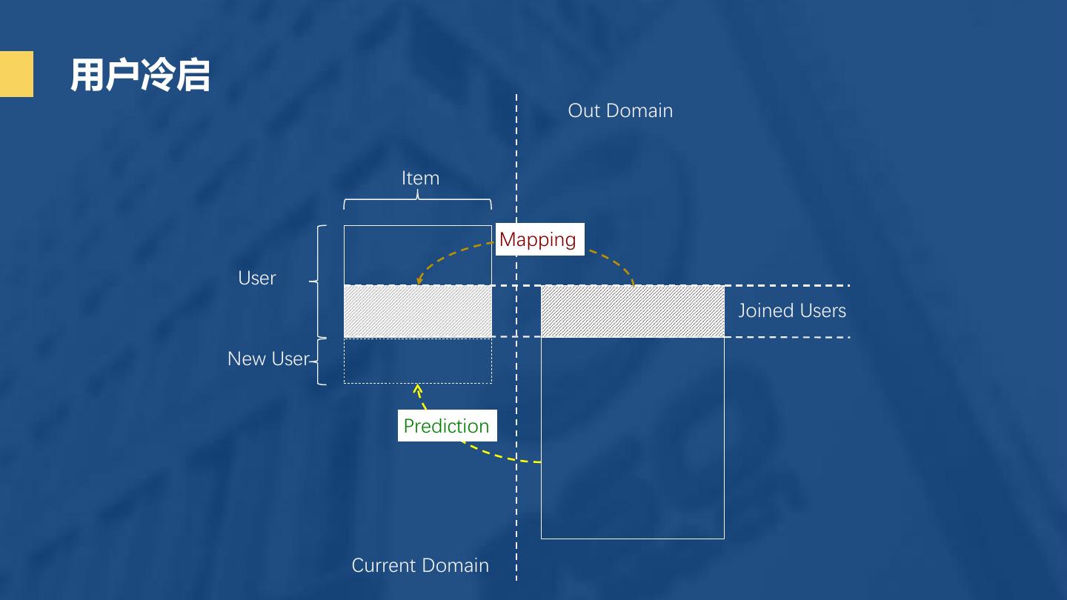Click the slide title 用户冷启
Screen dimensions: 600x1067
point(140,76)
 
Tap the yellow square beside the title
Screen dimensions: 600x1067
point(16,74)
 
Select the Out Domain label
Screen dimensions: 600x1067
point(620,111)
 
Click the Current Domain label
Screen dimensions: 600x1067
point(420,566)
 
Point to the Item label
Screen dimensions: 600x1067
point(420,179)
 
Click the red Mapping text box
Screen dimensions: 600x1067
point(539,239)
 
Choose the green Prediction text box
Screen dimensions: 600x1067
point(446,426)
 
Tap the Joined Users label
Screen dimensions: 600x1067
point(791,311)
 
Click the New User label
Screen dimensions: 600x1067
point(267,359)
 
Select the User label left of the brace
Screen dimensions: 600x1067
point(256,278)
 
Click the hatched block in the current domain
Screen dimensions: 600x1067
point(418,311)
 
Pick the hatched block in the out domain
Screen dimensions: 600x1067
point(632,311)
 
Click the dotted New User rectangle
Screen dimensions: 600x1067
point(418,361)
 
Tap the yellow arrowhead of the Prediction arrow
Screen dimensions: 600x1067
point(418,388)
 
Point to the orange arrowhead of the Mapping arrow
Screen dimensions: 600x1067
point(420,280)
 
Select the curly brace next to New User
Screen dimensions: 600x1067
point(319,361)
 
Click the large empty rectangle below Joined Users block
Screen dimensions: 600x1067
point(632,437)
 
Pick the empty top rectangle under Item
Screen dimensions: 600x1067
point(418,254)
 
